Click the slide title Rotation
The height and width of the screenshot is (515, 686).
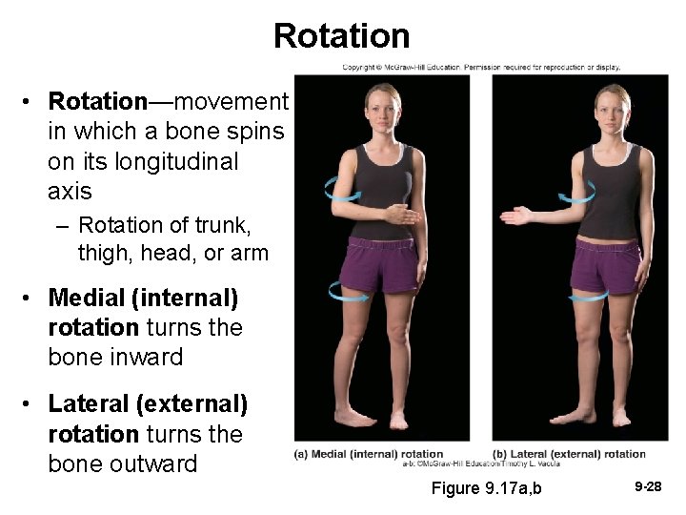pos(341,36)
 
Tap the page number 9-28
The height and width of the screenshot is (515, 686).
pos(647,487)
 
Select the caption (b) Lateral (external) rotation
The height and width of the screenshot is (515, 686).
pos(569,454)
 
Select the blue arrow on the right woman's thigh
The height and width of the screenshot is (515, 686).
pos(588,297)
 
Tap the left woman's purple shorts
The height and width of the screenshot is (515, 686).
pos(381,266)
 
